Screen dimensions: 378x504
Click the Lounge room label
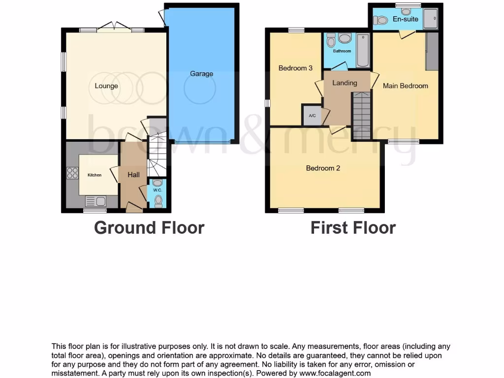click(106, 86)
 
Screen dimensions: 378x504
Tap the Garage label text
click(201, 74)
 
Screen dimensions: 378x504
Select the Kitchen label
click(94, 175)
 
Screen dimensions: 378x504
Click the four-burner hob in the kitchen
click(72, 173)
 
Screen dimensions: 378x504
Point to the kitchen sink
click(95, 201)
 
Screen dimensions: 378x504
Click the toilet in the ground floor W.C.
click(157, 200)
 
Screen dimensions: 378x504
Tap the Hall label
click(133, 175)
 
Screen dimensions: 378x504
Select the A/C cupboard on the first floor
click(312, 116)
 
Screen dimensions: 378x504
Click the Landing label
click(345, 83)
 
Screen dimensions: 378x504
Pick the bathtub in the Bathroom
click(363, 51)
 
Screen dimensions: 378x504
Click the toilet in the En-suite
click(380, 20)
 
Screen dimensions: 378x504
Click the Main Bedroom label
click(406, 86)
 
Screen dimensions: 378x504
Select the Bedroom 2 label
click(323, 168)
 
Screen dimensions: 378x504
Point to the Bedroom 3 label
click(295, 68)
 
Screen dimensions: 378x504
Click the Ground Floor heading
click(149, 228)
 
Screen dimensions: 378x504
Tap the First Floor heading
click(353, 228)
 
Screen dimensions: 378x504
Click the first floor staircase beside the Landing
click(362, 116)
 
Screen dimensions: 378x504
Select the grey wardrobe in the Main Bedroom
click(432, 52)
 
